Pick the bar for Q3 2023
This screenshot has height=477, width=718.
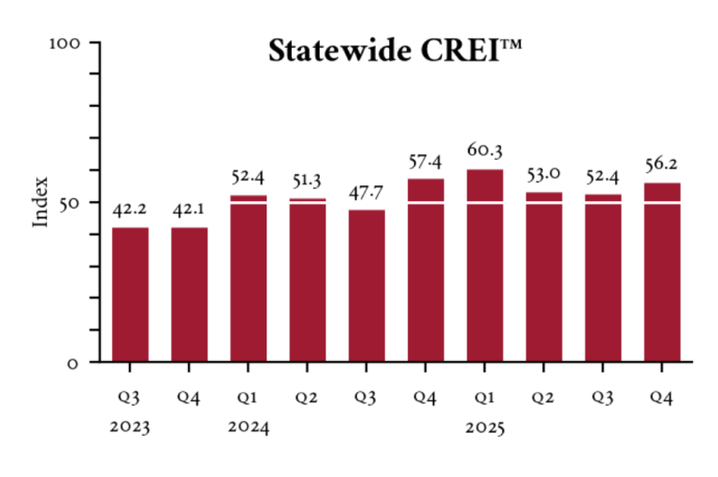tap(130, 294)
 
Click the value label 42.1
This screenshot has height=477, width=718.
tap(189, 208)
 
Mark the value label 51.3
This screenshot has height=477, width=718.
tap(307, 180)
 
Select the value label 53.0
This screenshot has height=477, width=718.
tap(543, 175)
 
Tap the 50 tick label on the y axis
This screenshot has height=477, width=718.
tap(76, 202)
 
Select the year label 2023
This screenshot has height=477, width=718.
tap(130, 428)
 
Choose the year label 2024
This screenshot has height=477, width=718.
tap(248, 428)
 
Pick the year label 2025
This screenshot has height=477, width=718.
tap(484, 428)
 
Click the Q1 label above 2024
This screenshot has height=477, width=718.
tap(248, 397)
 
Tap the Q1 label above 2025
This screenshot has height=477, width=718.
tap(484, 397)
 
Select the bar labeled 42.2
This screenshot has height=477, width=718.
tap(130, 294)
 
